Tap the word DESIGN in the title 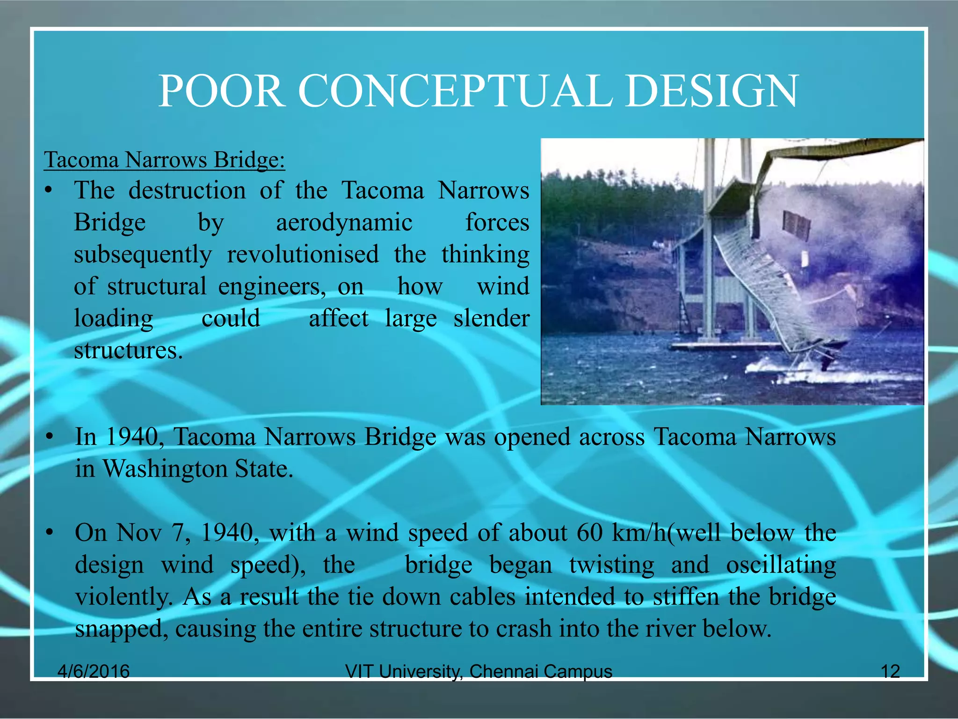(711, 91)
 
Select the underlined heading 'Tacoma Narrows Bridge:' (164, 160)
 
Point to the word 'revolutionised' (303, 255)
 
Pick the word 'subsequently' (143, 255)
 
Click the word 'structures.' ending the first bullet (128, 351)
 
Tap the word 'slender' (491, 318)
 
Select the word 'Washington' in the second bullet (165, 469)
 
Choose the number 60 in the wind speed (589, 533)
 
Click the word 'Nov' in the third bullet (139, 533)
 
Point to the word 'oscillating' (781, 565)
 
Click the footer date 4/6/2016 (93, 671)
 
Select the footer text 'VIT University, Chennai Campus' (478, 671)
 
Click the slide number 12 (890, 671)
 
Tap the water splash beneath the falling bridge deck (795, 370)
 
